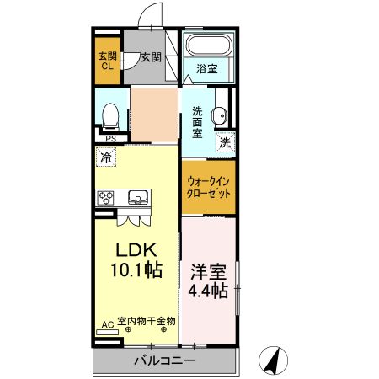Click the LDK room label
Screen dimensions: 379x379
pyautogui.click(x=136, y=249)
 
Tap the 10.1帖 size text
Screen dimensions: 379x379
pyautogui.click(x=136, y=270)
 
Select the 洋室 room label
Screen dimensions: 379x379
pyautogui.click(x=208, y=272)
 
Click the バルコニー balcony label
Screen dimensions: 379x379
pyautogui.click(x=165, y=360)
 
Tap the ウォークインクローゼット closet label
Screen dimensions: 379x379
pyautogui.click(x=209, y=187)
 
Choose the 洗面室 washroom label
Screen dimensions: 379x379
pyautogui.click(x=197, y=123)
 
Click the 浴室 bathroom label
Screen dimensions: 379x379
pyautogui.click(x=207, y=69)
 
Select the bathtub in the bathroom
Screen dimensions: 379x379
pyautogui.click(x=209, y=45)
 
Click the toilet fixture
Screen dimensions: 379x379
pyautogui.click(x=110, y=117)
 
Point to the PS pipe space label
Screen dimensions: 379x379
pyautogui.click(x=111, y=139)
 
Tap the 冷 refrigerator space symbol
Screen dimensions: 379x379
pyautogui.click(x=106, y=157)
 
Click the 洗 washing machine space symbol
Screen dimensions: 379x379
pyautogui.click(x=225, y=142)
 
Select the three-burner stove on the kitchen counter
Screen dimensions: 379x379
pyautogui.click(x=105, y=198)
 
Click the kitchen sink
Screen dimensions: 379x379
pyautogui.click(x=138, y=197)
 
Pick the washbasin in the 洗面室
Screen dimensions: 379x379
pyautogui.click(x=219, y=115)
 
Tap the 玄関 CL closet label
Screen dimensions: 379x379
pyautogui.click(x=107, y=61)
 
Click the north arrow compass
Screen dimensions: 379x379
pyautogui.click(x=273, y=360)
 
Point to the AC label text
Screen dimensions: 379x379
pyautogui.click(x=108, y=325)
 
